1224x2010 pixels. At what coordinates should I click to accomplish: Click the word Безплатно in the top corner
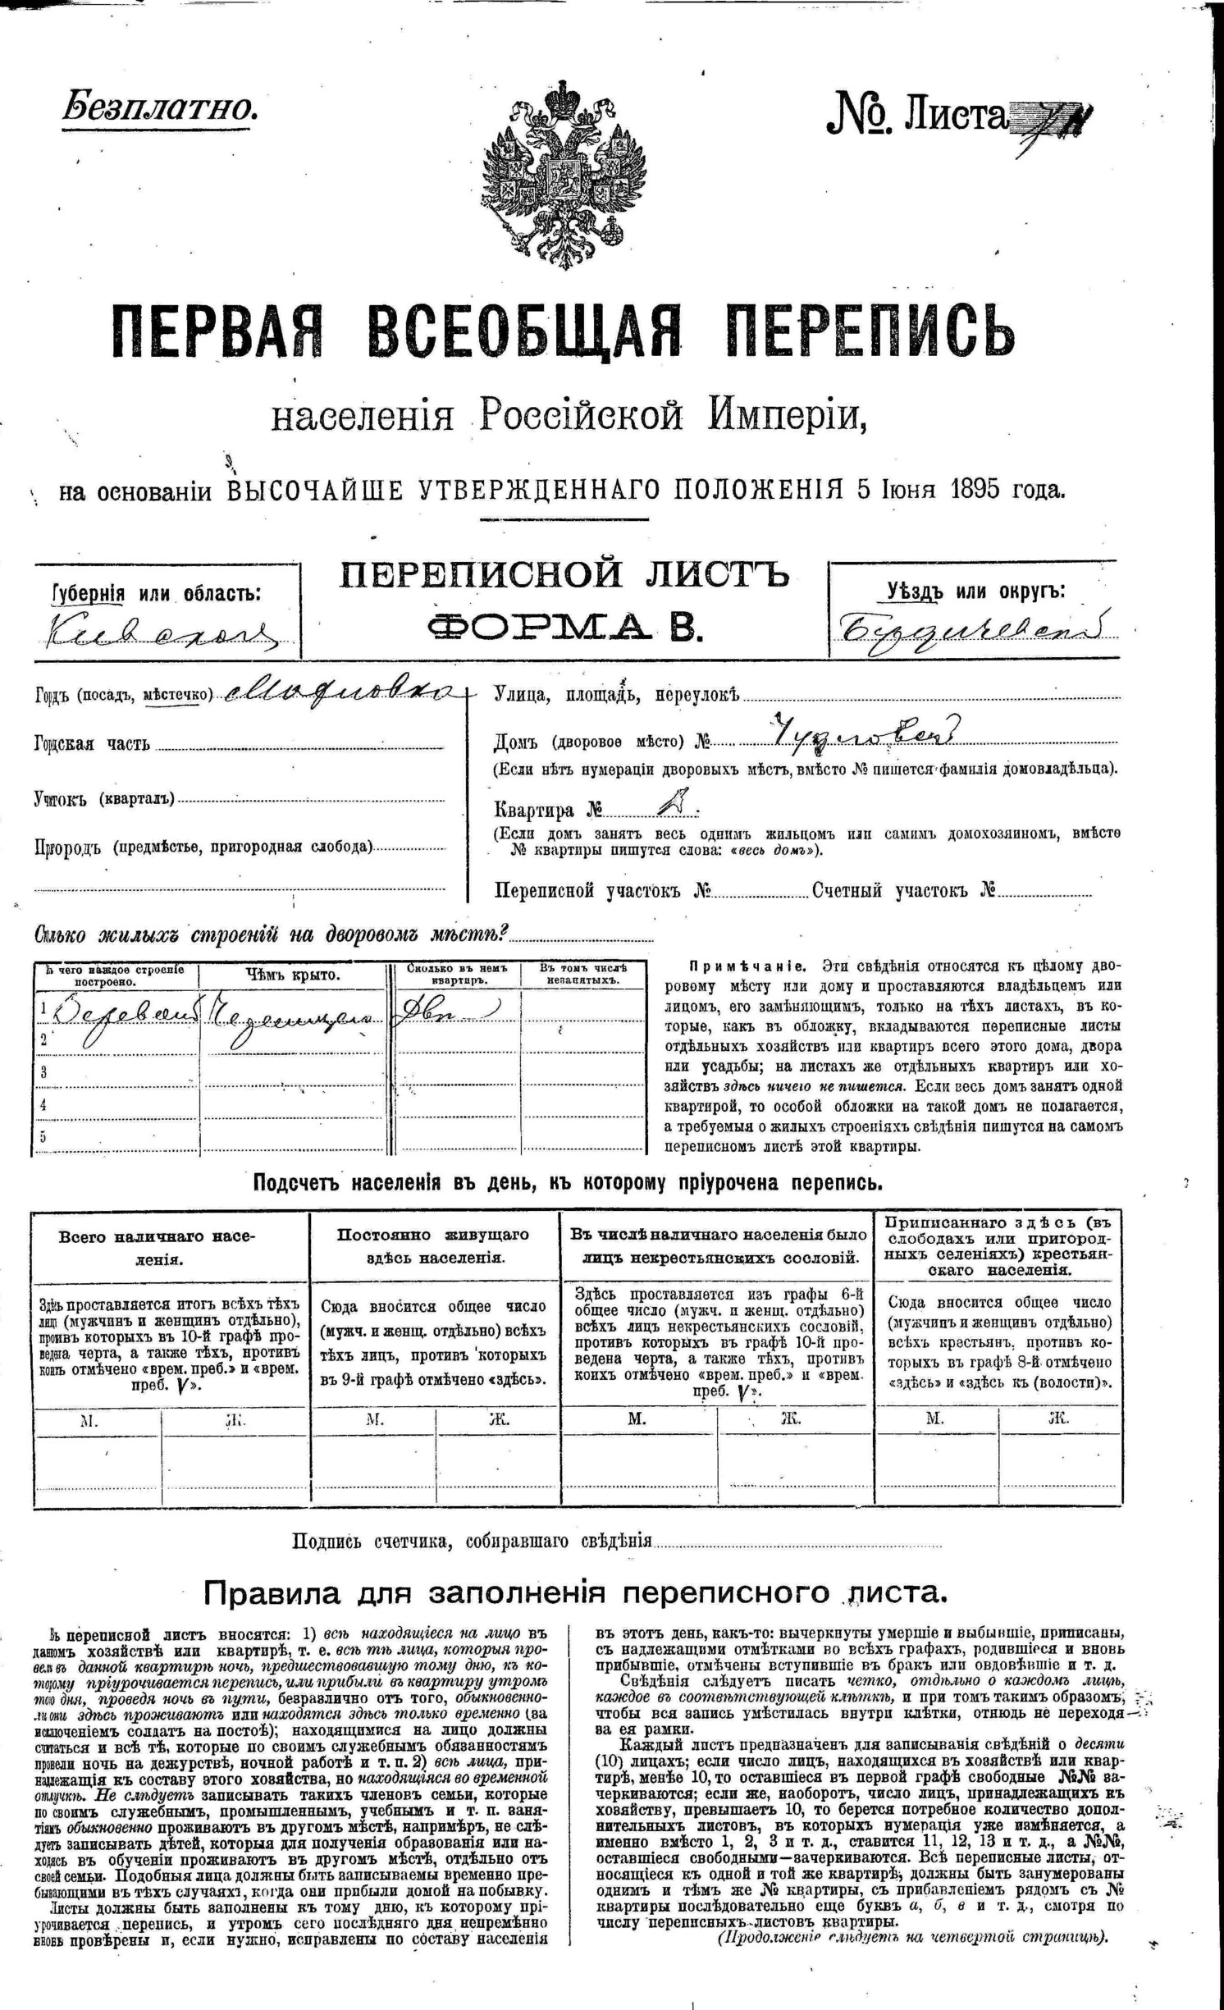point(160,107)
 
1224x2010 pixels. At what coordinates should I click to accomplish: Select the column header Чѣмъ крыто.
point(293,975)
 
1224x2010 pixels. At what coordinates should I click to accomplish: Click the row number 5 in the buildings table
point(43,1136)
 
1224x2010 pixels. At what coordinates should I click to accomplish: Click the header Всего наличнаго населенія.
point(169,1247)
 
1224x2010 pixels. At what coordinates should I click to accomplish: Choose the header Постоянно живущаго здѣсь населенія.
point(433,1245)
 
